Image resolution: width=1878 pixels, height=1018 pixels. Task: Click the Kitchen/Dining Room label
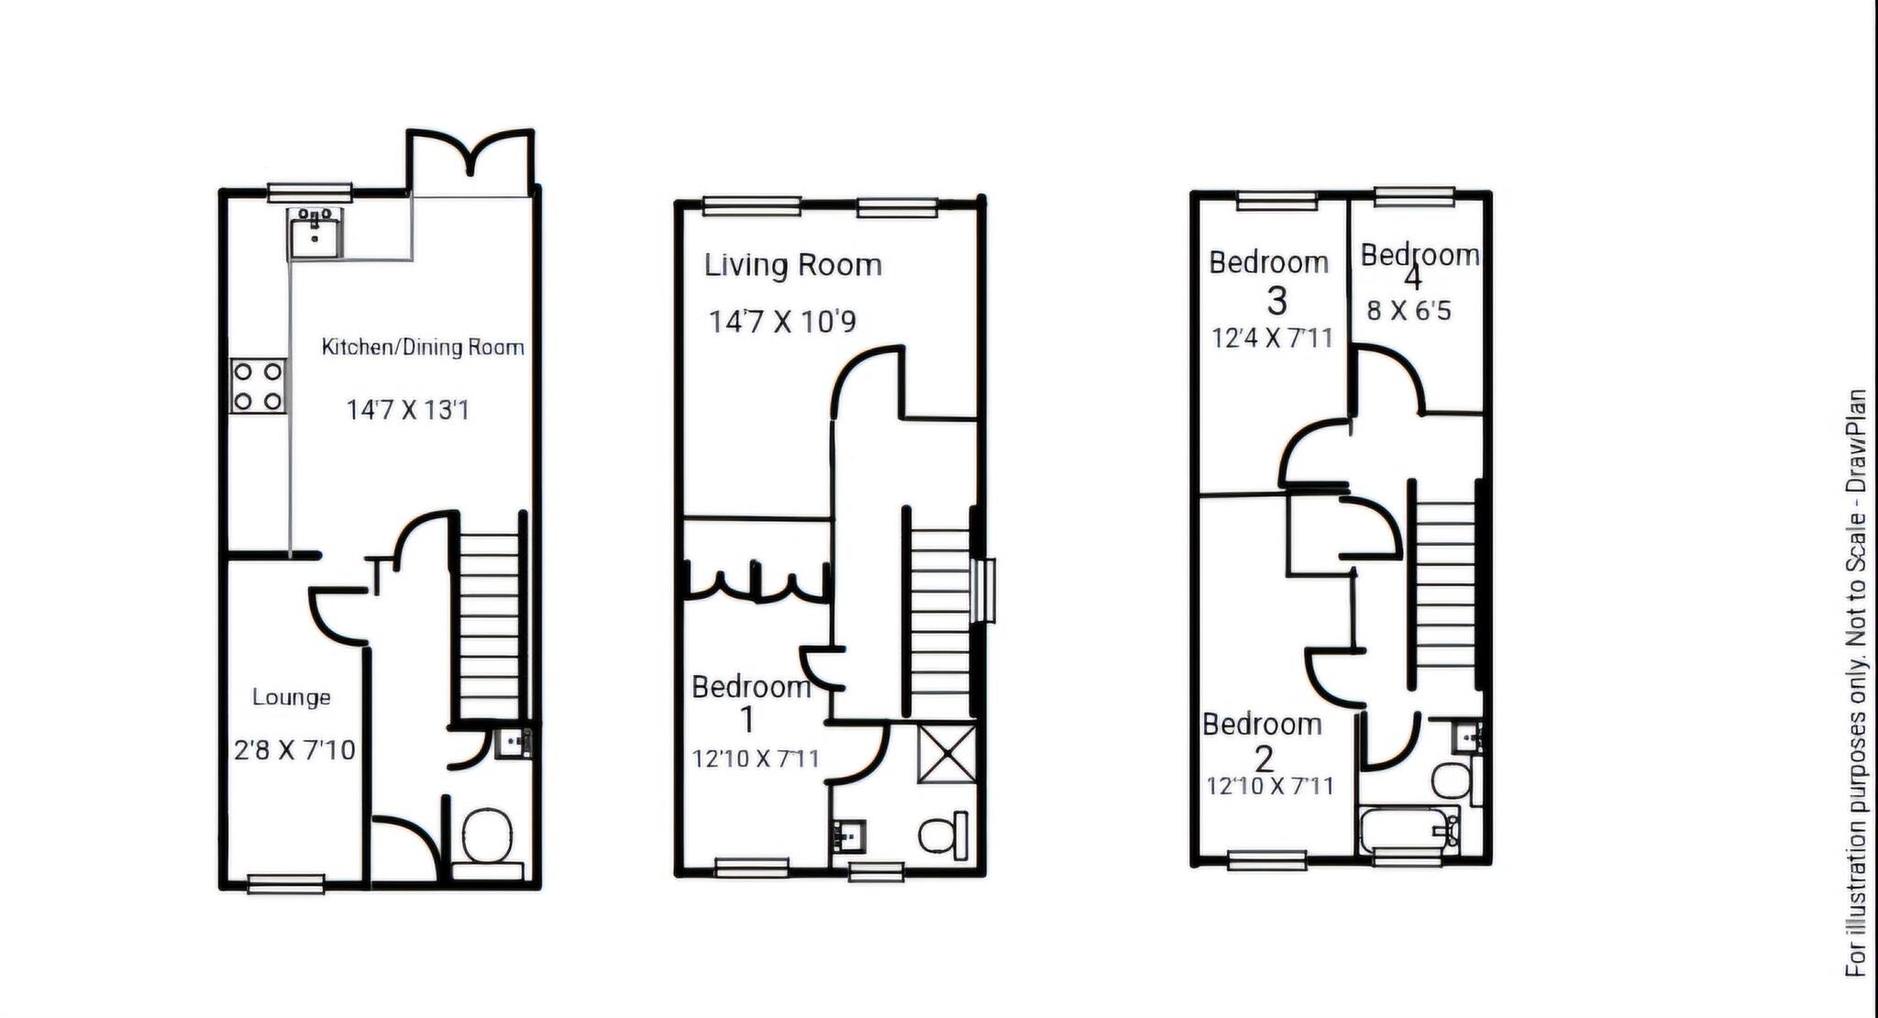423,347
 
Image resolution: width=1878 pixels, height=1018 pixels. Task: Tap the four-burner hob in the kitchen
258,386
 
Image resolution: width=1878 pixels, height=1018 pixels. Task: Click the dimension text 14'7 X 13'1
407,410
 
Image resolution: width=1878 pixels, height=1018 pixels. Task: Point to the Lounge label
292,697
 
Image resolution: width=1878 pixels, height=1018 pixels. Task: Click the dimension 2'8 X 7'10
294,750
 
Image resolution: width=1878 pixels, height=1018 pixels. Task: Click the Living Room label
792,265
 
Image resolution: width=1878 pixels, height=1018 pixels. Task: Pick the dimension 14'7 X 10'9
781,322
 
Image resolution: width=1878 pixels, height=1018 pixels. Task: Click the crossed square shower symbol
946,752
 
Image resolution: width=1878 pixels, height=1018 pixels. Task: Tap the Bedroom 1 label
751,688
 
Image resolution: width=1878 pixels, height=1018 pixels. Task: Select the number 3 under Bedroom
1276,301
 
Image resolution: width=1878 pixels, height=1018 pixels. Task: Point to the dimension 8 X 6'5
1408,311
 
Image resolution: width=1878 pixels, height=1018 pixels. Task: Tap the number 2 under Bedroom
1264,759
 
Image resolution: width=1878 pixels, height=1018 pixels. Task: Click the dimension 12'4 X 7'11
1272,338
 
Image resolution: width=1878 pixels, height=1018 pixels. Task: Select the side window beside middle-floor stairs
986,591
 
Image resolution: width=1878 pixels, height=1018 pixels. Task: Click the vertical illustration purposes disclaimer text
1856,683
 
